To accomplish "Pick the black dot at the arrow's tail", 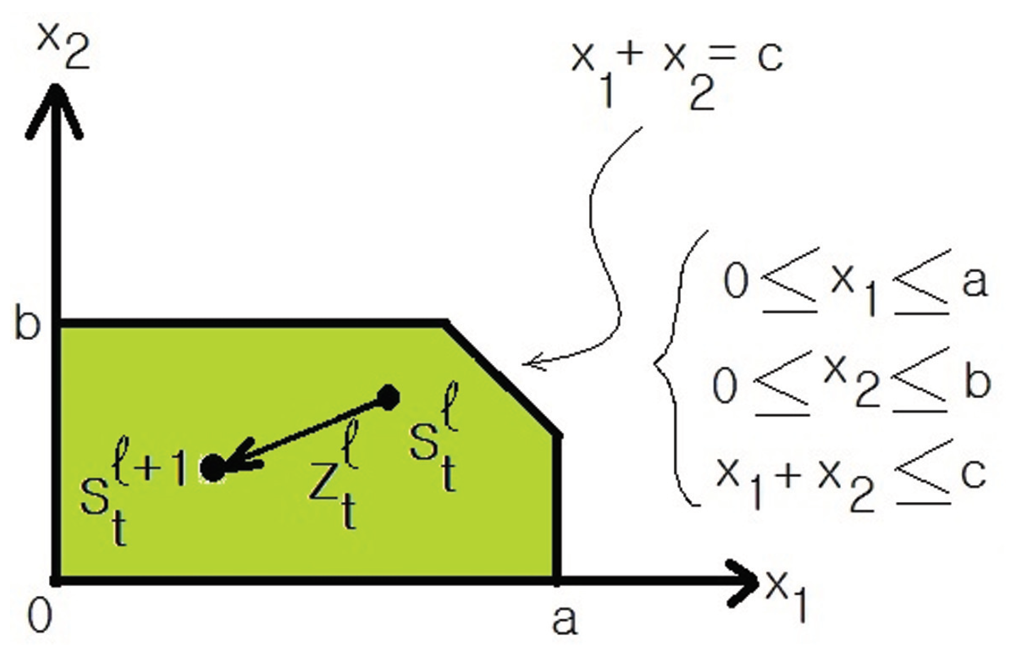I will (389, 397).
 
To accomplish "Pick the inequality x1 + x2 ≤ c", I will (851, 482).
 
